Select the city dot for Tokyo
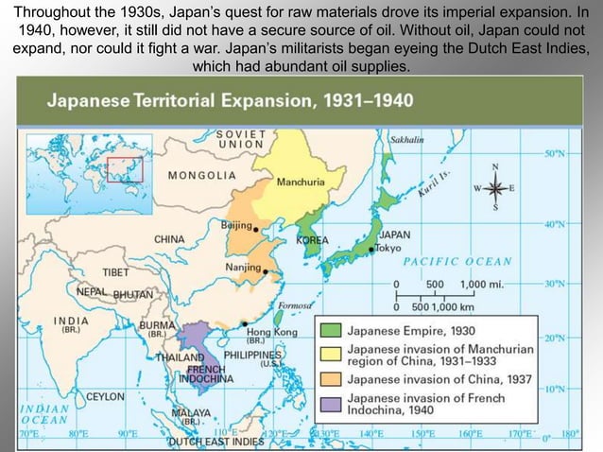click(372, 248)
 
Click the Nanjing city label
click(243, 268)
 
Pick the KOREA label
click(312, 240)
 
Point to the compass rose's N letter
click(495, 166)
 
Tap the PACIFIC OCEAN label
click(457, 261)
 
